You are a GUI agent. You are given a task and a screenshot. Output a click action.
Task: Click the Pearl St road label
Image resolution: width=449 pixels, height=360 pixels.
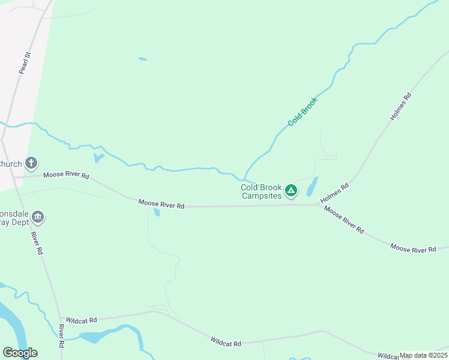pos(25,63)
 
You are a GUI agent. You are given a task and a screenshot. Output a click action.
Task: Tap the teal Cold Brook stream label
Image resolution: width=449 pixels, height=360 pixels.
pos(302,111)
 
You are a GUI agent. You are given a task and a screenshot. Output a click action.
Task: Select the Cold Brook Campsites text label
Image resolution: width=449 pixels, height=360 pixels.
pos(261,191)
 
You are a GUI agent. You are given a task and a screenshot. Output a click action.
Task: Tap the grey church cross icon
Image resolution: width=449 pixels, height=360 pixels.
pos(31,163)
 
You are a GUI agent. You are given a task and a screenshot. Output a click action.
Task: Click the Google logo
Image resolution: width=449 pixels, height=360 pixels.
pos(20,352)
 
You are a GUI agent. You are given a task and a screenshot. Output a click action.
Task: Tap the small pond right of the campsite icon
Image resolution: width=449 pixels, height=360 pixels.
pos(312,187)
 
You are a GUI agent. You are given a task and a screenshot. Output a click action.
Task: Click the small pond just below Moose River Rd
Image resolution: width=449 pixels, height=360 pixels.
pos(157,213)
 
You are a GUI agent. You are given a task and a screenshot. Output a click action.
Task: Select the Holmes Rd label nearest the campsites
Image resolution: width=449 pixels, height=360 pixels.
pos(335,193)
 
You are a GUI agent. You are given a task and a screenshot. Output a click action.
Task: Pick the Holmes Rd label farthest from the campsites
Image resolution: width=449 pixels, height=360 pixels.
pos(400,107)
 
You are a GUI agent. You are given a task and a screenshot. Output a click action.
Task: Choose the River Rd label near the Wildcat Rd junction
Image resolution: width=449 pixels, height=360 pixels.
pos(61,337)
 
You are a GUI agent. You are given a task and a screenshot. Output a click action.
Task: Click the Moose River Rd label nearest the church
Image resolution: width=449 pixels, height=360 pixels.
pos(66,176)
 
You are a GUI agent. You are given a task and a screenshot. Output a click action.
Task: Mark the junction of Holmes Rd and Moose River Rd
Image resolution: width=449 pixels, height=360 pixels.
pos(319,205)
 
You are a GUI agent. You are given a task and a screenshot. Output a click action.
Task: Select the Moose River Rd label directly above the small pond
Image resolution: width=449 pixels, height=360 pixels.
pos(161,204)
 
